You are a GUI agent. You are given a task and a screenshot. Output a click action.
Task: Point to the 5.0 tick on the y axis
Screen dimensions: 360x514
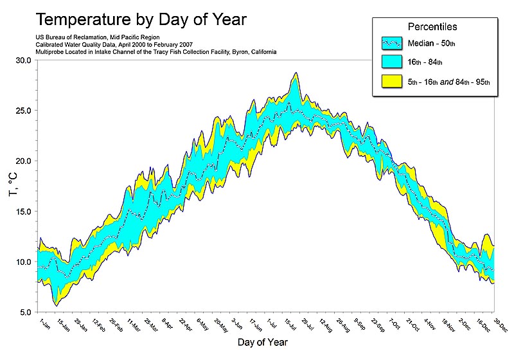[24, 312]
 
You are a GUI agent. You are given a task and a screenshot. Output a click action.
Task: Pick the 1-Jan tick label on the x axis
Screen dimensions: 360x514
[44, 321]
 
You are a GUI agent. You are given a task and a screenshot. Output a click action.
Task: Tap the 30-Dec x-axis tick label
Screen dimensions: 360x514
[497, 323]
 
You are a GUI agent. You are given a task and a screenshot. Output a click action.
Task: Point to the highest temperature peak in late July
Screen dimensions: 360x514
[296, 73]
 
